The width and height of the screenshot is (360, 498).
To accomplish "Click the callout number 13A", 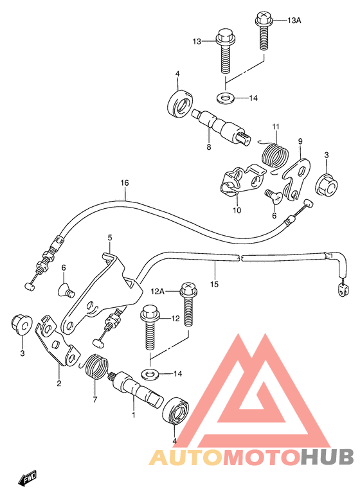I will [293, 21].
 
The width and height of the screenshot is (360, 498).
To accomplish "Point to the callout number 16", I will [124, 183].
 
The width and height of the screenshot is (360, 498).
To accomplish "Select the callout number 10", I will [237, 210].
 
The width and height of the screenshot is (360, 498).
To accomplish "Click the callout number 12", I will [175, 318].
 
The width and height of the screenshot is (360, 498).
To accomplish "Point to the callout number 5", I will [110, 238].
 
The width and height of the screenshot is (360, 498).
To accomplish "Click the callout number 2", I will [59, 384].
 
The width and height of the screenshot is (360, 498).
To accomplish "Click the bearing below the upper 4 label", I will [179, 103].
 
